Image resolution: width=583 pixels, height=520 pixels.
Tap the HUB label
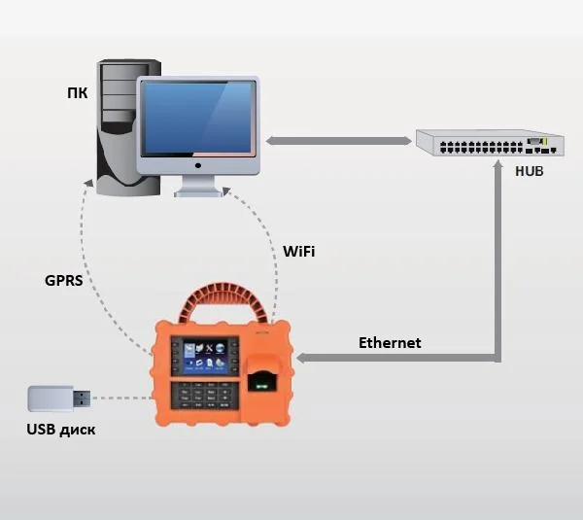(530, 171)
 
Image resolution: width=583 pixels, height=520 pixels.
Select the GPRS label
(63, 282)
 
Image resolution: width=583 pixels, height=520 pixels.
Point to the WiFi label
(298, 252)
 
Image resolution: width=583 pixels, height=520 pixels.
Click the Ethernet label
(390, 342)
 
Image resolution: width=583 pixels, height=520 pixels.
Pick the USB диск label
(61, 429)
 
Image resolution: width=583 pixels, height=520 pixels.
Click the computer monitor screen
(199, 118)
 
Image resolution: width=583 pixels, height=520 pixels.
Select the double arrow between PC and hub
(339, 142)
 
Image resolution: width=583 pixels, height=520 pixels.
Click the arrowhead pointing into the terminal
(301, 360)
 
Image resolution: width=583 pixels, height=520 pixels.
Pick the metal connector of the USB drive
(84, 399)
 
